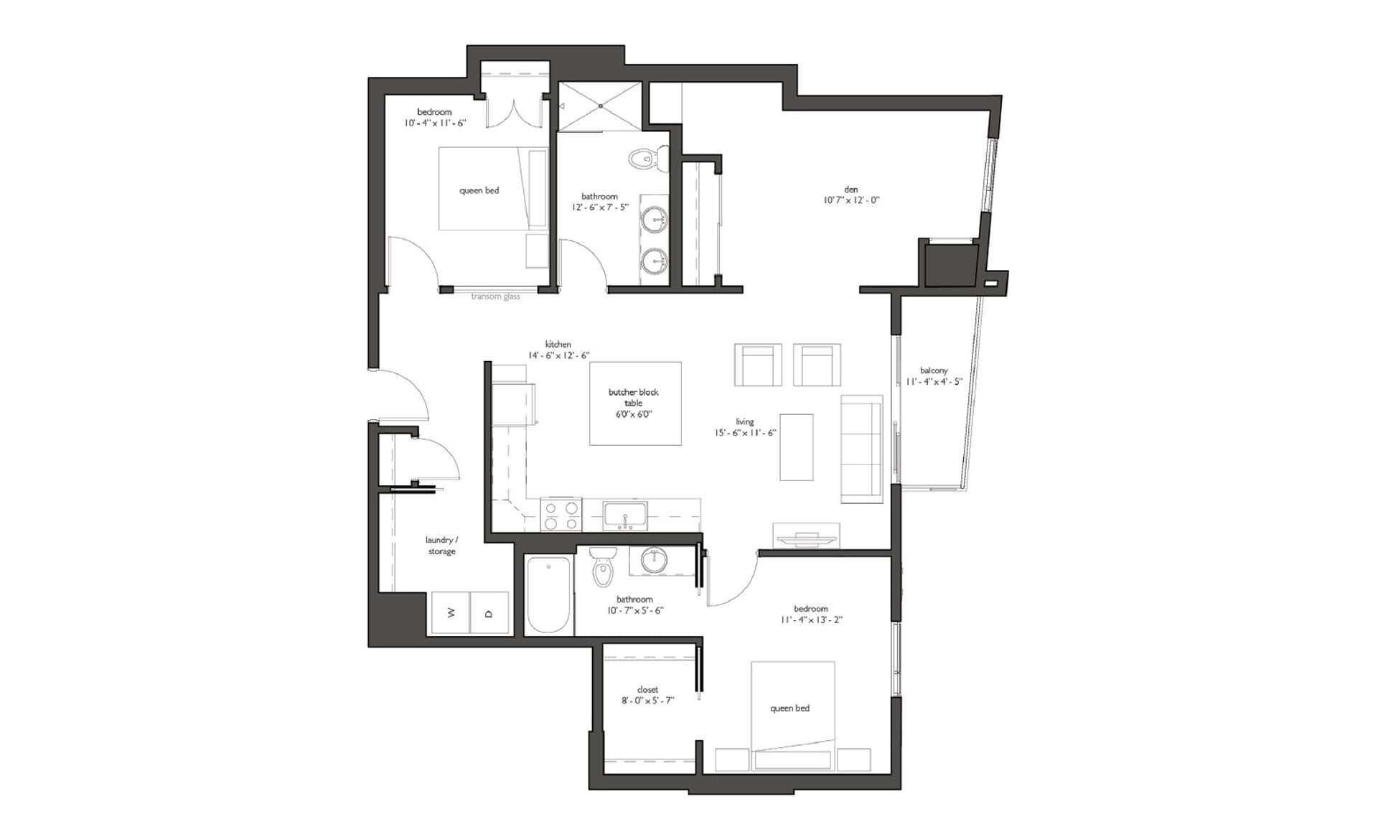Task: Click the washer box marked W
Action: tap(450, 612)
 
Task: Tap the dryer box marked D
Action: tap(489, 612)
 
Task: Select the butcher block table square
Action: tap(635, 403)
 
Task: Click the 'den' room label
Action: tap(850, 190)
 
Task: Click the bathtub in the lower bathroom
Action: tap(549, 594)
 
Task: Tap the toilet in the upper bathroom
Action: tap(645, 157)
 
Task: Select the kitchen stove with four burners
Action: tap(561, 515)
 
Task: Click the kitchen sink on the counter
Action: tap(625, 515)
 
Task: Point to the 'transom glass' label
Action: tap(495, 296)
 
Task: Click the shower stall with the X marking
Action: tap(600, 106)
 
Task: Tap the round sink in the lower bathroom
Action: tap(655, 560)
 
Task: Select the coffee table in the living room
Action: tap(797, 447)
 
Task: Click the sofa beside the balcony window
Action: tap(861, 449)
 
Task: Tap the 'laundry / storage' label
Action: tap(441, 546)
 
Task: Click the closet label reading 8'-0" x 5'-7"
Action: tap(647, 700)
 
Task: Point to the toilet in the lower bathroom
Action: tap(603, 567)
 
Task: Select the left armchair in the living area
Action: tap(758, 365)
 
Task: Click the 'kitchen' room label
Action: tap(558, 345)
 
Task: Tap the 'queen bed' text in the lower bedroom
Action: tap(789, 708)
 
